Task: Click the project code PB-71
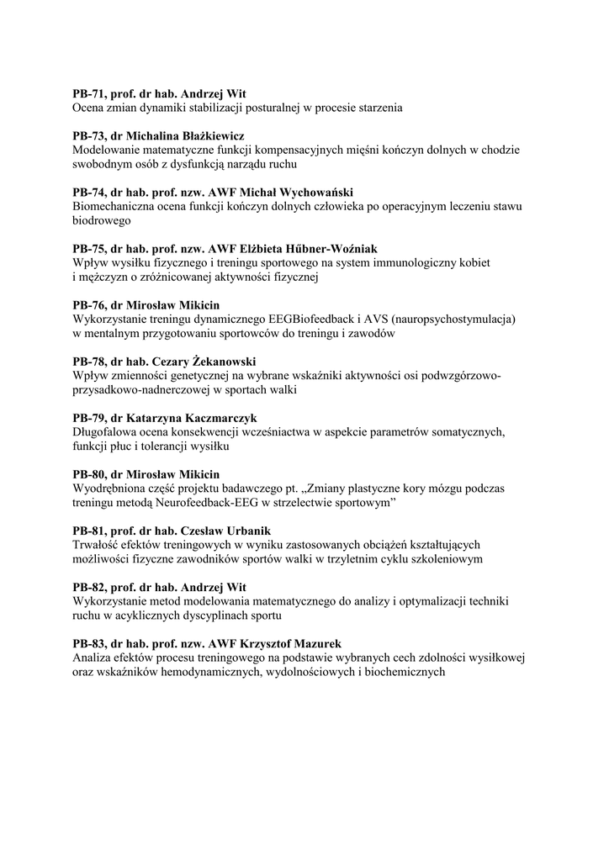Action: pos(90,94)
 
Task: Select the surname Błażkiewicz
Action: pos(214,136)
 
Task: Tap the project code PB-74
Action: pos(90,193)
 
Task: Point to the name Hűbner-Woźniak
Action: pos(327,249)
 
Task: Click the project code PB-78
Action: pos(90,362)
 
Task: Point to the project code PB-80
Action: pos(90,474)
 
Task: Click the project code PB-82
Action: pos(90,587)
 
